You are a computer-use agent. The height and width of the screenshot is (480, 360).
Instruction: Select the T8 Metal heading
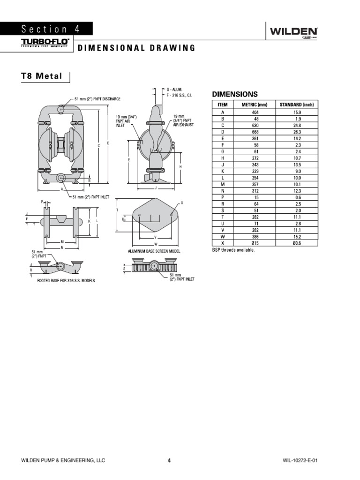coord(42,76)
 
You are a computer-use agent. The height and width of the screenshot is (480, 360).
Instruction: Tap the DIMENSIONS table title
coord(236,94)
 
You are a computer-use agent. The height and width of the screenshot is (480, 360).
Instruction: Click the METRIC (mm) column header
coord(254,105)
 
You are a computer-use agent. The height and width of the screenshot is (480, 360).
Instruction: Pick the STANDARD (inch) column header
coord(296,105)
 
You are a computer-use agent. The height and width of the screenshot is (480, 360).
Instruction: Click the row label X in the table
coord(223,243)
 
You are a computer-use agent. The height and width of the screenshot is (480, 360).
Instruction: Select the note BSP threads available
coord(233,250)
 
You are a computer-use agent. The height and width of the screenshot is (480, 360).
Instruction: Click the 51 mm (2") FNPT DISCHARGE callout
coord(97,99)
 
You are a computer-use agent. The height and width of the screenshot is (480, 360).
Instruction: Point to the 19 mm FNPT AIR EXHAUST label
coord(183,120)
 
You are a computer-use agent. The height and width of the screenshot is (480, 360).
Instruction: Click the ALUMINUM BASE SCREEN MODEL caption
coord(154,251)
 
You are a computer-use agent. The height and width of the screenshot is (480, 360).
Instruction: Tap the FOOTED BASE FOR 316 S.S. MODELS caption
coord(66,280)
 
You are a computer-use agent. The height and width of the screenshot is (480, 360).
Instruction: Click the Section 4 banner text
coord(50,29)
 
